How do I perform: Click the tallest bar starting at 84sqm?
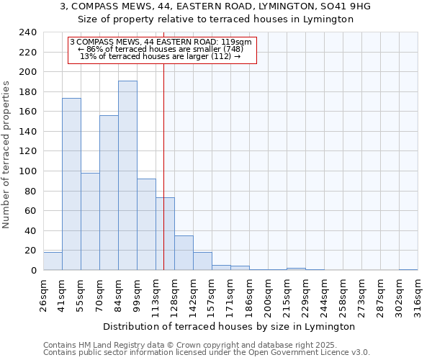tap(127, 176)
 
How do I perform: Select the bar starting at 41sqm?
tap(71, 184)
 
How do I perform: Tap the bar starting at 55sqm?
tap(90, 222)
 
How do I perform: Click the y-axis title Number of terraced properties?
tap(6, 154)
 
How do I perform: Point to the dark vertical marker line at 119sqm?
tap(163, 166)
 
